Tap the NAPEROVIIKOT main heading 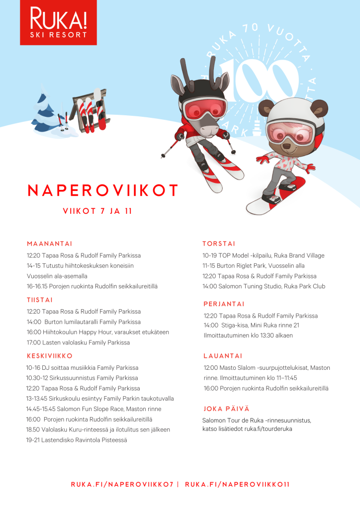(103, 190)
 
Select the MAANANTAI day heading (50, 244)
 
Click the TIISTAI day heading (40, 300)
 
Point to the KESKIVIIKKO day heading (50, 356)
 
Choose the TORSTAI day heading (219, 244)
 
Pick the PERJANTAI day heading (224, 304)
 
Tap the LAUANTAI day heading (223, 356)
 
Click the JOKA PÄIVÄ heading (226, 409)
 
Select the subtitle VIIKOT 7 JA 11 (97, 211)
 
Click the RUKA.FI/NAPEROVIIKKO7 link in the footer (122, 484)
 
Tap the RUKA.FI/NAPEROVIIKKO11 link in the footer (237, 484)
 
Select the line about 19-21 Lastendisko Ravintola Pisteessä (77, 440)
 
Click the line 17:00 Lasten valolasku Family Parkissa (78, 342)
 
